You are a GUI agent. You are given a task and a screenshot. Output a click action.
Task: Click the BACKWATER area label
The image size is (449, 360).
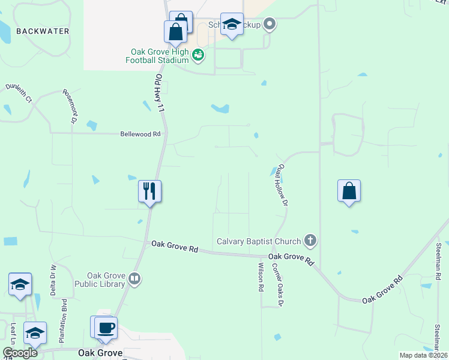coord(43,31)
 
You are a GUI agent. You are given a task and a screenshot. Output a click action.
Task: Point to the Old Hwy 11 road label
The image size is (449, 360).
coord(160,94)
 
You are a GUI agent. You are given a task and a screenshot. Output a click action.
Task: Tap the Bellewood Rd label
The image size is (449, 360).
coord(141,134)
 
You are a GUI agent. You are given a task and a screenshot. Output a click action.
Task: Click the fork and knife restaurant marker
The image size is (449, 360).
coord(149,191)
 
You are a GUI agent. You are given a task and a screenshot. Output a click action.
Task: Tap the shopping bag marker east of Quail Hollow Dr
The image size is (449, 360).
coord(349,191)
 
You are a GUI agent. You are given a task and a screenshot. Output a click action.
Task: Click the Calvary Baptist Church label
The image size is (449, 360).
coord(259,241)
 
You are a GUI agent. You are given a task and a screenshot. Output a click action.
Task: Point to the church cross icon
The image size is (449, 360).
coord(310,241)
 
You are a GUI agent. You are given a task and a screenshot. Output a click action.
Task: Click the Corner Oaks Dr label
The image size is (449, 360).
coord(276,285)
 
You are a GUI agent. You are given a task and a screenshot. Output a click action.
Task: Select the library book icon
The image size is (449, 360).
coord(135,278)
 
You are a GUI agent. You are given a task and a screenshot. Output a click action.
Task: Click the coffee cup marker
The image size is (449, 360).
coord(106,328)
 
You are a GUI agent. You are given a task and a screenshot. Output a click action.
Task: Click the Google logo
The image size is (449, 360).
coord(20,353)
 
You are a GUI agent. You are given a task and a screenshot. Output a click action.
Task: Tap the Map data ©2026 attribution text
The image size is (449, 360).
coord(423,355)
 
